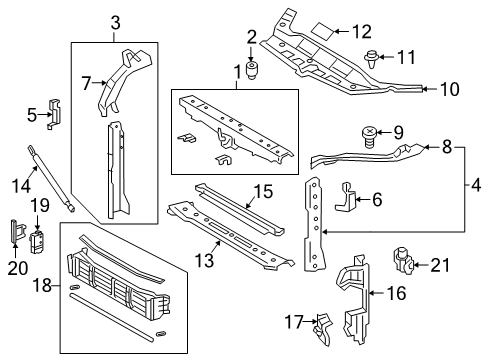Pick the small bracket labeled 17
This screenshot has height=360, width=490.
pyautogui.click(x=322, y=324)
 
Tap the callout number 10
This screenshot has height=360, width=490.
pyautogui.click(x=450, y=90)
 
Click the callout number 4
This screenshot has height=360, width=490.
pyautogui.click(x=477, y=183)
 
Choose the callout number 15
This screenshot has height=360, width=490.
pyautogui.click(x=263, y=189)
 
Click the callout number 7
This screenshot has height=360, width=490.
pyautogui.click(x=86, y=82)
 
